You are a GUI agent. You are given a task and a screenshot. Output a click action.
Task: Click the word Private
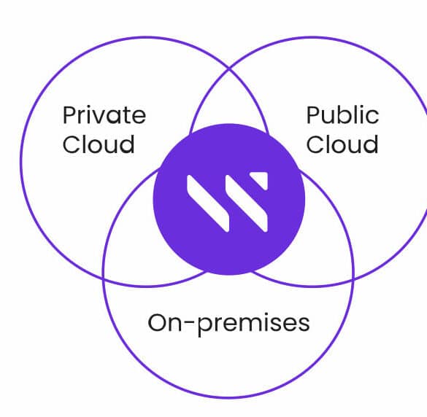coord(104,115)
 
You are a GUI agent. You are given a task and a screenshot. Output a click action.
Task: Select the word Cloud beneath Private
coord(99,144)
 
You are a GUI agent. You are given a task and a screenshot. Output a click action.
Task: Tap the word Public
coord(342,115)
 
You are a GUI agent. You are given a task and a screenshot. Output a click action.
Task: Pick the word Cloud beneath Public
coord(342,144)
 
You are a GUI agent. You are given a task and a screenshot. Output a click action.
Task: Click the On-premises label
coord(228,324)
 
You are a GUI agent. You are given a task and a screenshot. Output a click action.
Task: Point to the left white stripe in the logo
coord(208,203)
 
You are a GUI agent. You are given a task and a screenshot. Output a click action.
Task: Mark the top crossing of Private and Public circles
coord(229,69)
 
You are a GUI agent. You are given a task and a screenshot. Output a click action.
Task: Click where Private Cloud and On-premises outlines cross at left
coord(104,278)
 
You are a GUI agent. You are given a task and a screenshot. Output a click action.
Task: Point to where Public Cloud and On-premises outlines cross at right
coord(353,279)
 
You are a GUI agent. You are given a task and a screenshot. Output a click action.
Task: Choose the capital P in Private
coord(70,116)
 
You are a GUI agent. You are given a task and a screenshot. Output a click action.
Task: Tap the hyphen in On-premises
coord(190,324)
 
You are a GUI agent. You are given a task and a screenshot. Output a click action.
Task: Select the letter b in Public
coord(343,115)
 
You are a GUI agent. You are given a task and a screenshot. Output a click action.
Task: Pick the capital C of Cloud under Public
coord(315,144)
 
